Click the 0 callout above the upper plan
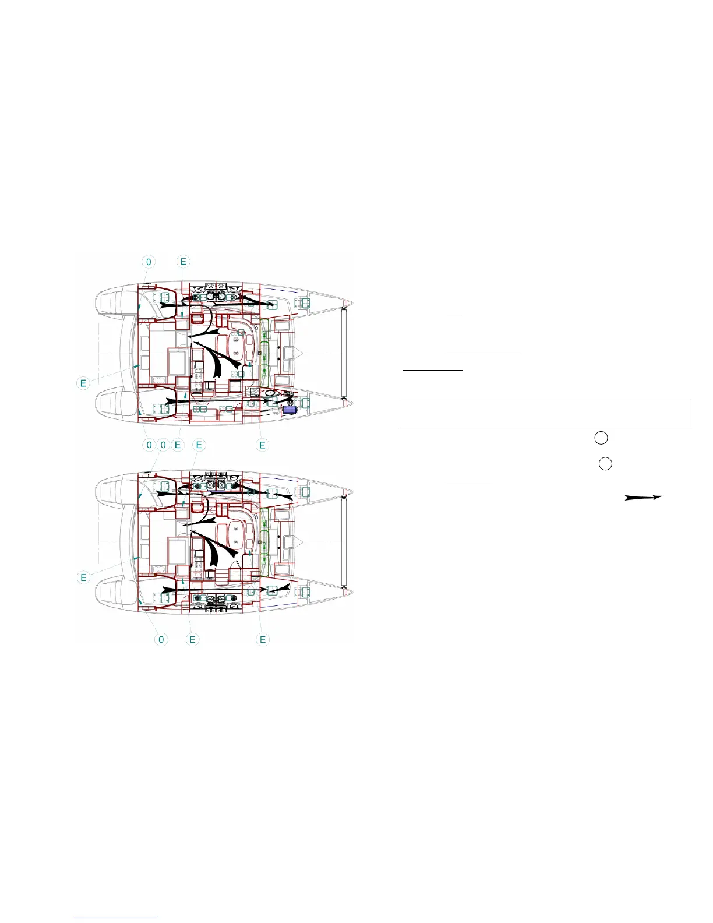point(149,262)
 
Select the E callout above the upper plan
point(183,262)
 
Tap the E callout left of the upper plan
point(83,383)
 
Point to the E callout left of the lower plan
point(83,577)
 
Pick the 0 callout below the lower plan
point(161,639)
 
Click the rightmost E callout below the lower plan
point(263,639)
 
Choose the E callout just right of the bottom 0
point(192,639)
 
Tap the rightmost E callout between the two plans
point(262,445)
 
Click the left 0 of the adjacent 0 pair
point(149,445)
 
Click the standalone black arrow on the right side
point(644,498)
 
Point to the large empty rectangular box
point(545,413)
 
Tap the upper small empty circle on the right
point(601,438)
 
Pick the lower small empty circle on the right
point(605,464)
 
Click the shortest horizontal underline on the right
point(454,316)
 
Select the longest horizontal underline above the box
point(483,354)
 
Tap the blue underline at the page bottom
point(116,918)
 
